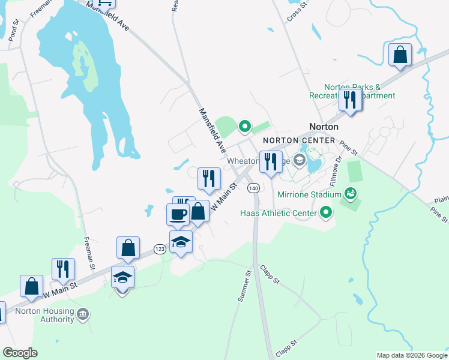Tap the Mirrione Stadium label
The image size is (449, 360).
310,194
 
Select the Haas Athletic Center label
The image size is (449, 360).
279,213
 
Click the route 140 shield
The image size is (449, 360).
254,188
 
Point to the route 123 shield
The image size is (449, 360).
159,249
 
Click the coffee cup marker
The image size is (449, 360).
178,214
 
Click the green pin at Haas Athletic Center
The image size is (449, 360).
326,212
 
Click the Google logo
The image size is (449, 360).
20,353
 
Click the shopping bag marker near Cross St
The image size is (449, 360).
400,55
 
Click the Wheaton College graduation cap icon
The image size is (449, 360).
299,160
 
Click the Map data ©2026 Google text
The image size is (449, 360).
412,355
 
